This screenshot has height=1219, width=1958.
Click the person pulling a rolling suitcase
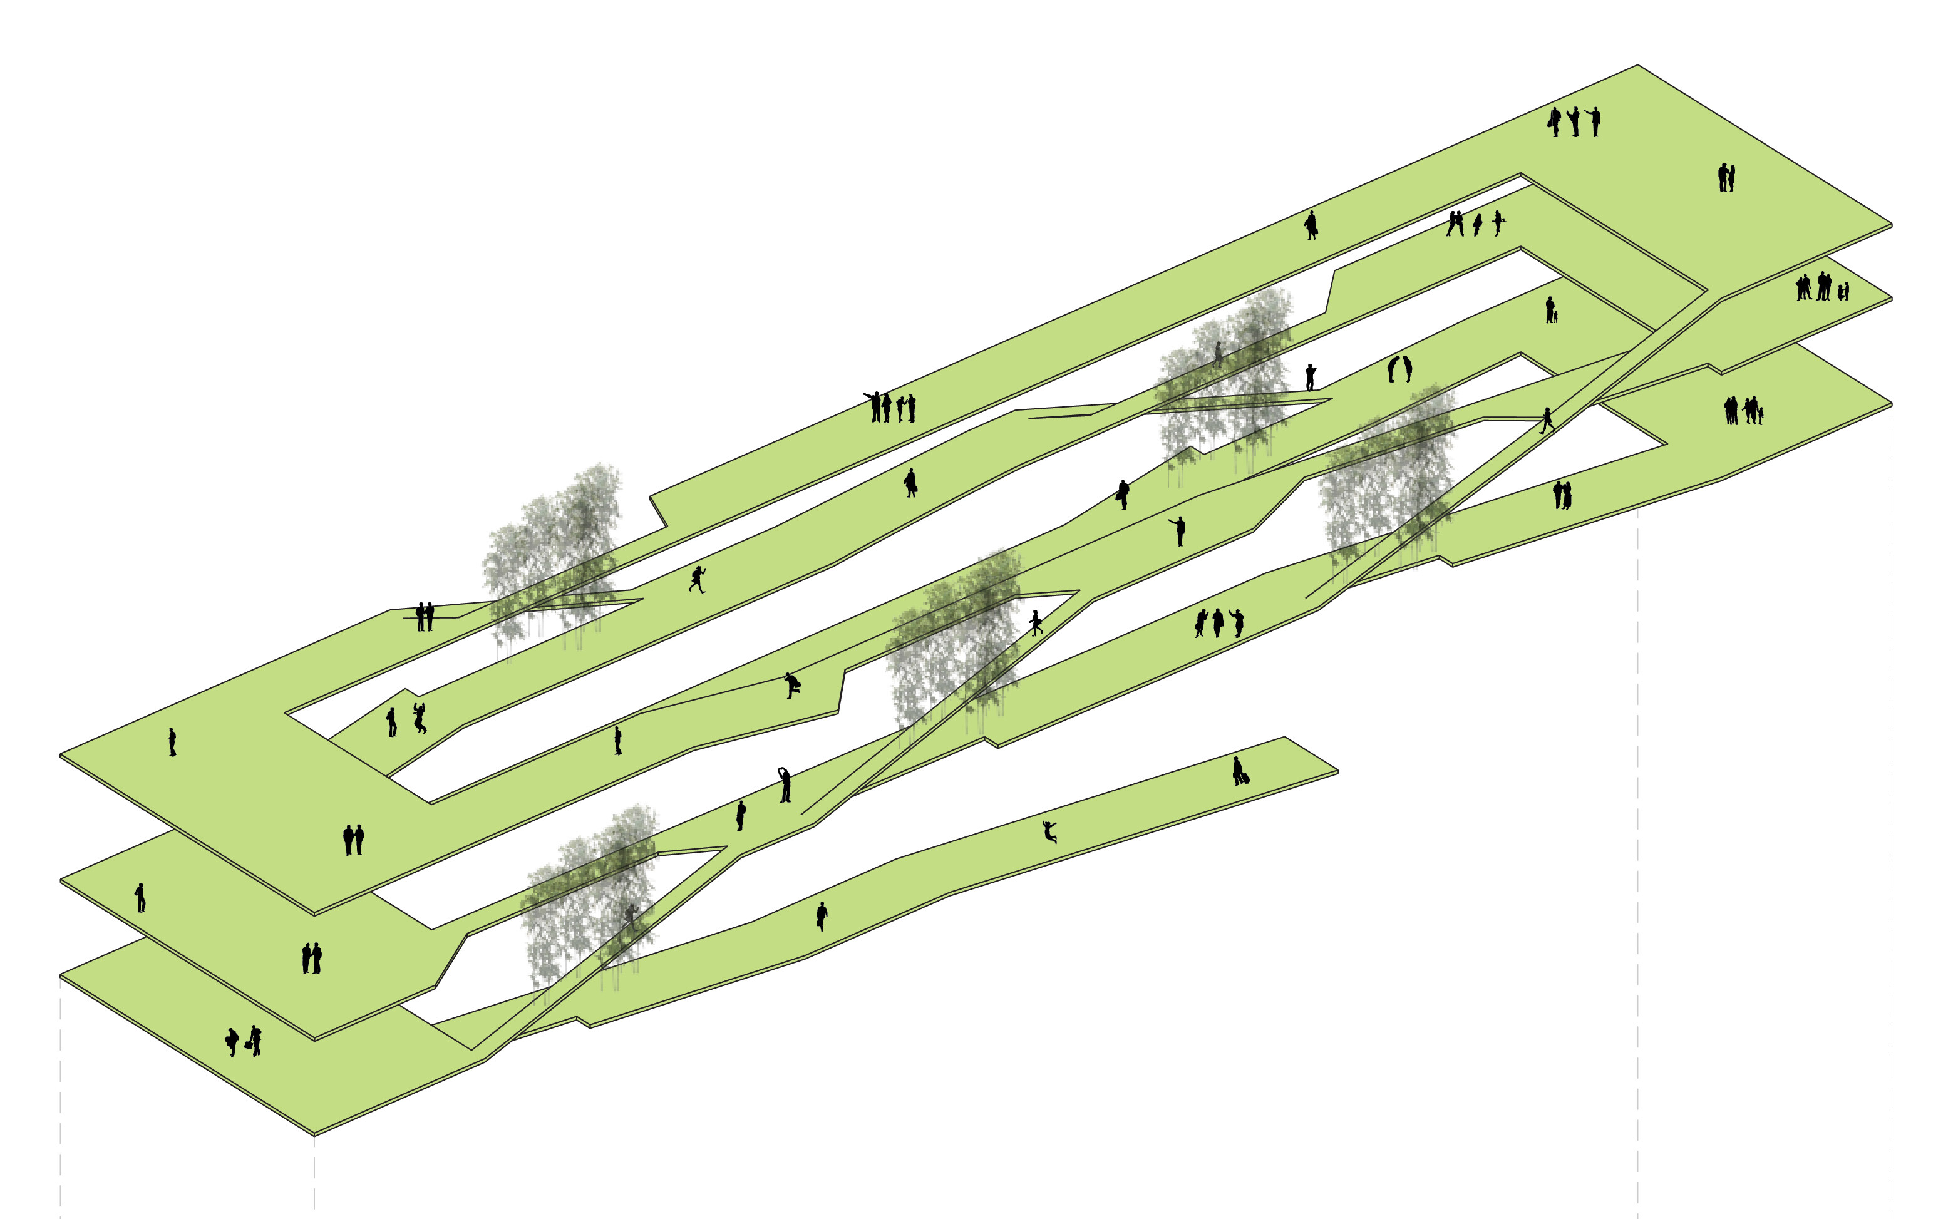(1240, 773)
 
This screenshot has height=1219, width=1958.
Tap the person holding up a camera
(1311, 376)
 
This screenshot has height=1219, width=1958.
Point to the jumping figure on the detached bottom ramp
(1049, 831)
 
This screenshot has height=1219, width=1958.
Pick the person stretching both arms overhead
(785, 785)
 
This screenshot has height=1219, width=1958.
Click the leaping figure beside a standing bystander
(419, 718)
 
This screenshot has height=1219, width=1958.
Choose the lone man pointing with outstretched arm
(1179, 530)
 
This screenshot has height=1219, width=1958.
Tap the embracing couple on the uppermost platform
(1726, 177)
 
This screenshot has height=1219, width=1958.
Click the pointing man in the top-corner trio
(1594, 121)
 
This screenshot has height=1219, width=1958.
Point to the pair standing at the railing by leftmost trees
(425, 617)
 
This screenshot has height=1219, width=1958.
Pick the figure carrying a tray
(1498, 222)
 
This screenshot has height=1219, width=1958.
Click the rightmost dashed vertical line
(1892, 806)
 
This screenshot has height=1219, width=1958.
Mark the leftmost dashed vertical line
(61, 1096)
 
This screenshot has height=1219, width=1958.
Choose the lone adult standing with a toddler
(1550, 311)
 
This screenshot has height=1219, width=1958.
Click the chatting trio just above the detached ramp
(1218, 623)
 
